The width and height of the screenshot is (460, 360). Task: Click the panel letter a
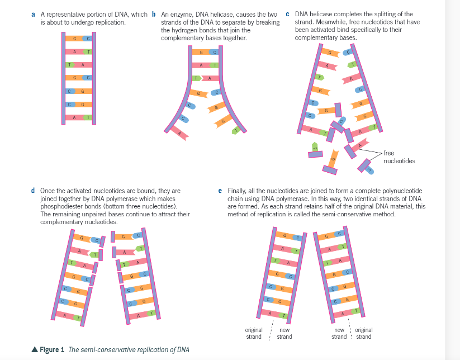34,13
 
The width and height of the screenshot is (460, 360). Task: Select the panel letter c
287,13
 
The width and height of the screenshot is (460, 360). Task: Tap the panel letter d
34,191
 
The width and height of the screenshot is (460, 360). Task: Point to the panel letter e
221,191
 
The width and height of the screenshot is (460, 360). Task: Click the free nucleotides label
399,157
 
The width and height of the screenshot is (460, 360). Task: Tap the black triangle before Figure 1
35,350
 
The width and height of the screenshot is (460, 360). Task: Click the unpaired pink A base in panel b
181,133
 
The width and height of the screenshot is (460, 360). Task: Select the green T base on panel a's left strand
69,64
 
